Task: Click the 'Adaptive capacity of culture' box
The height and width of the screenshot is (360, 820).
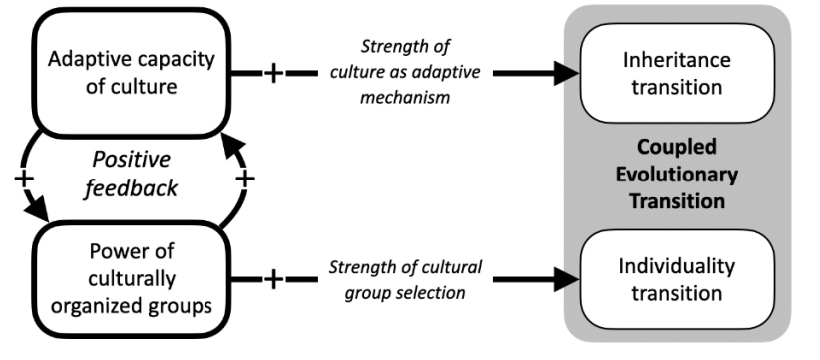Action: [x=132, y=73]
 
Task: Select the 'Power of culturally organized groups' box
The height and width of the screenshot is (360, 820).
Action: [x=132, y=279]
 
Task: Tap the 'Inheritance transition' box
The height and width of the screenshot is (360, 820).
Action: [x=676, y=73]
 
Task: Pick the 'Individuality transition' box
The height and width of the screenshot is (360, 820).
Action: [x=676, y=279]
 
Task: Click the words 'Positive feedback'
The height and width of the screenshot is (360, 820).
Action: [x=131, y=174]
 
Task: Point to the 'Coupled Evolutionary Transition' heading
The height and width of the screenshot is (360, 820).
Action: [x=676, y=174]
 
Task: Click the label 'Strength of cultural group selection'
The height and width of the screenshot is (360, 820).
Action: [x=405, y=279]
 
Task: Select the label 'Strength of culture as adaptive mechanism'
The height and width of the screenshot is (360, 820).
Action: [x=405, y=72]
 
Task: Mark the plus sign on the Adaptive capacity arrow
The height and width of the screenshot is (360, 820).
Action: [x=273, y=73]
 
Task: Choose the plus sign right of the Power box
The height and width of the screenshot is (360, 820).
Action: [x=273, y=279]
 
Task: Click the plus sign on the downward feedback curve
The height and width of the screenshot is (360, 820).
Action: [x=24, y=179]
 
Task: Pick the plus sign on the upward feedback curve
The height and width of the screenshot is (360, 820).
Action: [x=244, y=179]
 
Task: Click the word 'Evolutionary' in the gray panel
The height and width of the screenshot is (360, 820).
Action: [x=676, y=174]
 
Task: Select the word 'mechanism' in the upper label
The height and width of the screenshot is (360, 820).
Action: [x=405, y=97]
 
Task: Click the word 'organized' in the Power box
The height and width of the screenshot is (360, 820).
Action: [x=93, y=306]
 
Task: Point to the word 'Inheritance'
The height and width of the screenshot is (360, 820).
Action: [x=676, y=60]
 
